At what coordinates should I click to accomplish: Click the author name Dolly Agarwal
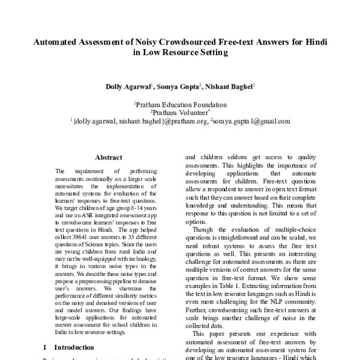tap(128, 87)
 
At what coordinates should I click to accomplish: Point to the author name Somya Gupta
tap(178, 87)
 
